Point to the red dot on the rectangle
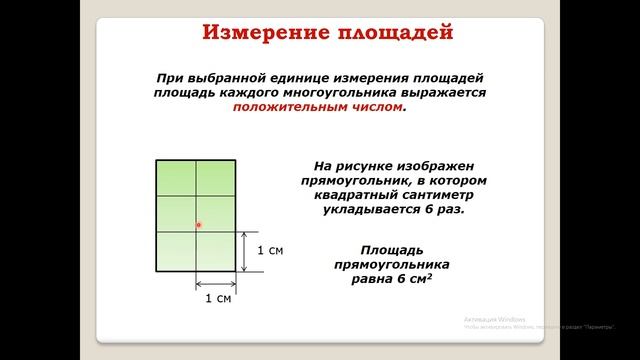point(199,226)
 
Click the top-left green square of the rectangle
point(176,178)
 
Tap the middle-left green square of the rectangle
point(176,213)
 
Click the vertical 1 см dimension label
point(270,250)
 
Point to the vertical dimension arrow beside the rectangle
point(246,250)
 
